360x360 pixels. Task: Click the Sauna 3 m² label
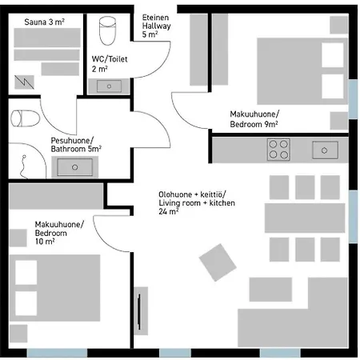pyautogui.click(x=44, y=22)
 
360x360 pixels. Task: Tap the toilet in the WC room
pyautogui.click(x=107, y=30)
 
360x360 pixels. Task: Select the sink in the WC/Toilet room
pyautogui.click(x=109, y=86)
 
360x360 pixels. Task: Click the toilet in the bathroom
pyautogui.click(x=25, y=118)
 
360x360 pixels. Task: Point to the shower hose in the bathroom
pyautogui.click(x=23, y=166)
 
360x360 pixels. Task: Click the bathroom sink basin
pyautogui.click(x=75, y=167)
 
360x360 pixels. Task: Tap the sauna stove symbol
pyautogui.click(x=24, y=82)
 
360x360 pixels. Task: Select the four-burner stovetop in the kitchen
pyautogui.click(x=278, y=150)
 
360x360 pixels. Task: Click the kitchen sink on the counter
pyautogui.click(x=325, y=150)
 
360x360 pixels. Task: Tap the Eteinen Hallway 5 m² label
pyautogui.click(x=156, y=26)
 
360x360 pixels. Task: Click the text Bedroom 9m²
pyautogui.click(x=254, y=124)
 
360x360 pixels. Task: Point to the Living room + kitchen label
pyautogui.click(x=197, y=203)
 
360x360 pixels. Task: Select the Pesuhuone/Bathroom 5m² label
pyautogui.click(x=76, y=145)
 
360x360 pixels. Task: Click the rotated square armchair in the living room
pyautogui.click(x=218, y=262)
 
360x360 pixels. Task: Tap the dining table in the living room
pyautogui.click(x=305, y=218)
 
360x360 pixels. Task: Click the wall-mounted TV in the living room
pyautogui.click(x=139, y=311)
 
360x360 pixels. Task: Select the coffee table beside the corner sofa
pyautogui.click(x=270, y=290)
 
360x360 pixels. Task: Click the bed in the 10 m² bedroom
pyautogui.click(x=55, y=288)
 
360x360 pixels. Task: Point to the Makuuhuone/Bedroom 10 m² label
pyautogui.click(x=59, y=233)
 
